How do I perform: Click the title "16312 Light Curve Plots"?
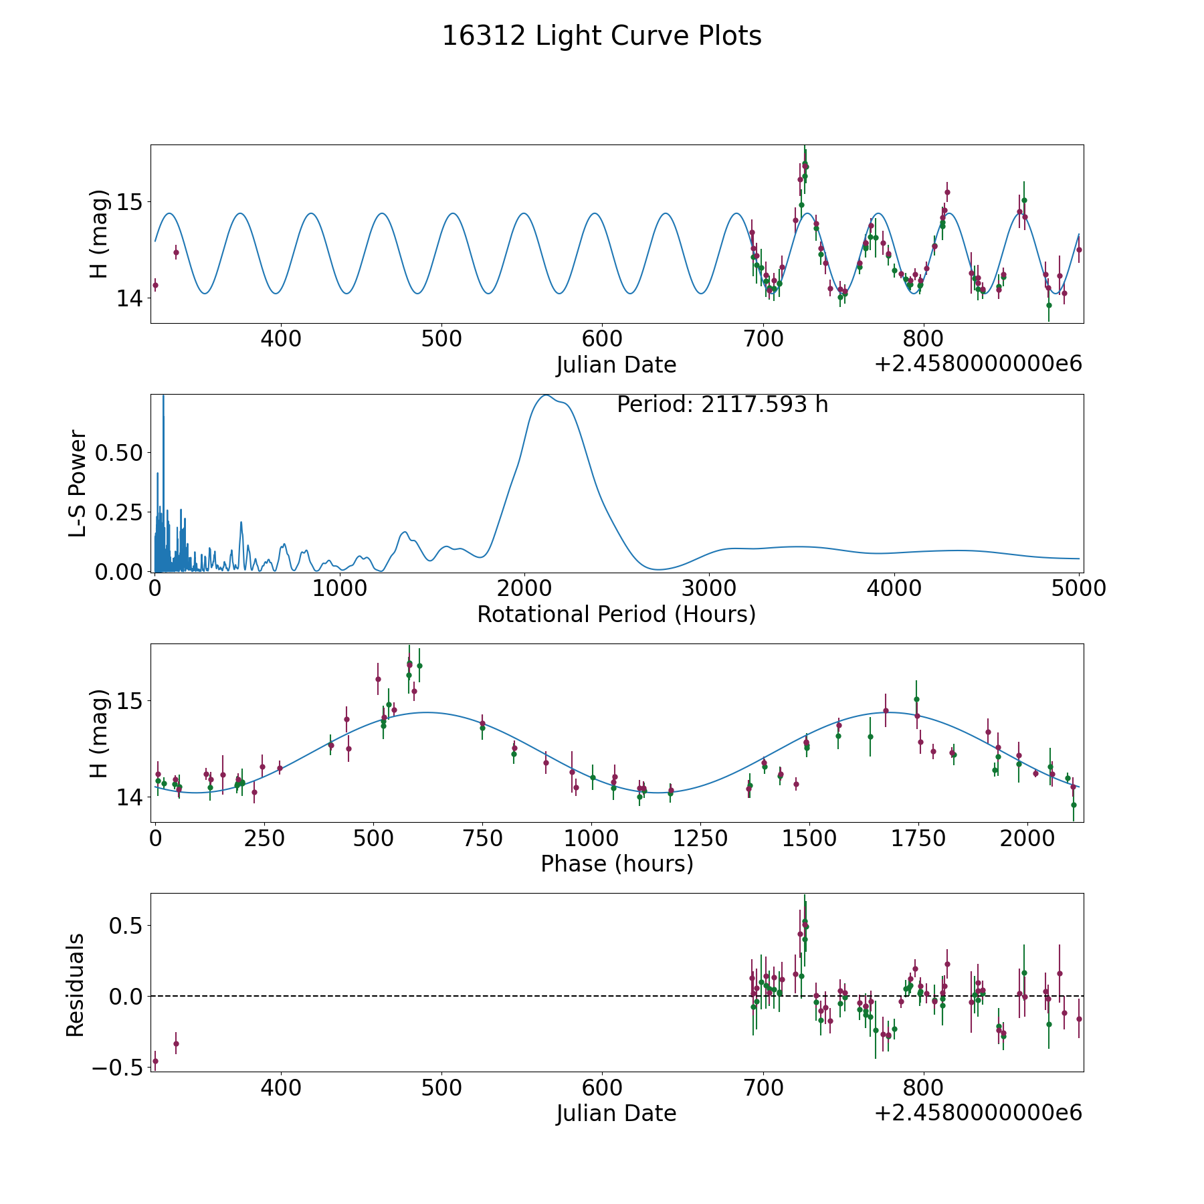pos(601,36)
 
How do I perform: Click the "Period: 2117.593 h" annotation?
pos(722,405)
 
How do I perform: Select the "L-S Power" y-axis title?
pos(78,484)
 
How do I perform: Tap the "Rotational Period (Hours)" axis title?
pos(616,614)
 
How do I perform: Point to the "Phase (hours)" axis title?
pos(617,864)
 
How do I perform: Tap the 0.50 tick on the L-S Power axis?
pos(119,453)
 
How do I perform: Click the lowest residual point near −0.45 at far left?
pos(155,1061)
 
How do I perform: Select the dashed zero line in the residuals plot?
pos(468,996)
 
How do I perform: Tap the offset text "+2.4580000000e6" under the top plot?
pos(978,365)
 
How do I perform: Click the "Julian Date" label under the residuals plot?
pos(616,1114)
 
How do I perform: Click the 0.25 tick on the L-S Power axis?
pos(119,512)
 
